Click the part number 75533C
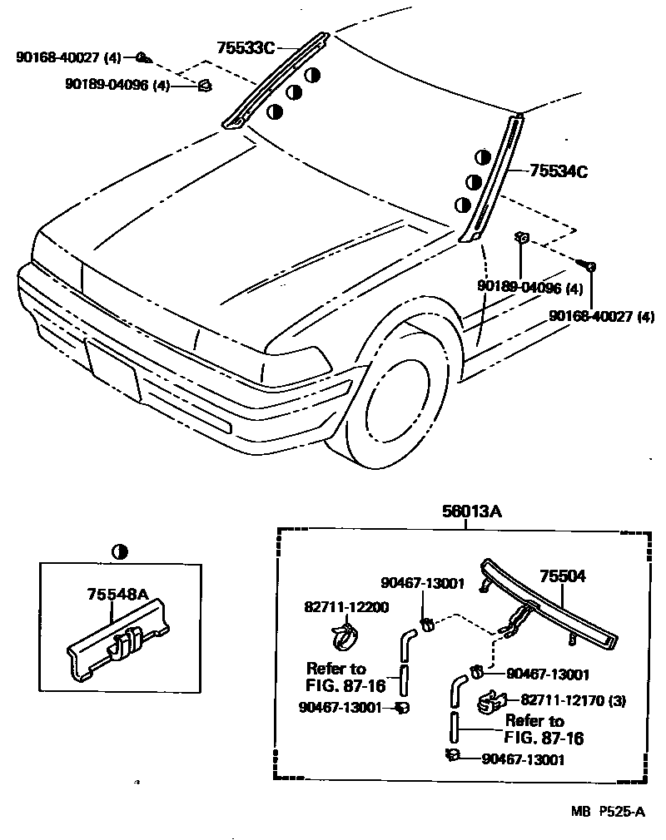coord(245,48)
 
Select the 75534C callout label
coord(559,172)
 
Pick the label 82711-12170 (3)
coord(573,701)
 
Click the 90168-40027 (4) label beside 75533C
coord(68,58)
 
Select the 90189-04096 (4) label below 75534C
coord(529,289)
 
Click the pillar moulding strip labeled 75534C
coord(492,179)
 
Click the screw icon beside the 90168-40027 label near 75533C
coord(142,57)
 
